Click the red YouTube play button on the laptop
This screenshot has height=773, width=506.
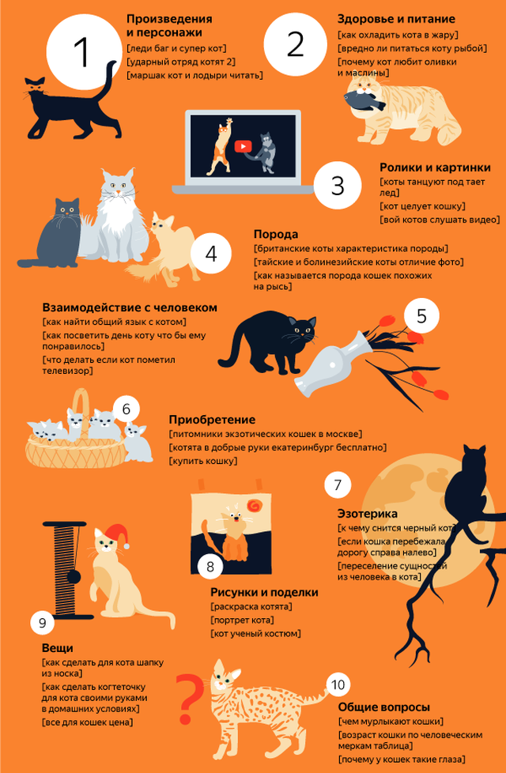pos(242,147)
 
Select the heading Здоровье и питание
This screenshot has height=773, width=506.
pos(396,20)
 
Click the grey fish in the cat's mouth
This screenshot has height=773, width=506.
pos(364,100)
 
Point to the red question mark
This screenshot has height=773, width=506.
pos(190,699)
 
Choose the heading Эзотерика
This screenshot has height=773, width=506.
pos(368,514)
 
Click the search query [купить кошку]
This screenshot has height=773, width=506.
pos(203,462)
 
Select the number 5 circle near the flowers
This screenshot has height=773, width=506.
pos(421,316)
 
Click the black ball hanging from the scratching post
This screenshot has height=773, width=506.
pos(74,576)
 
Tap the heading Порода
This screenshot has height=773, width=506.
pos(276,234)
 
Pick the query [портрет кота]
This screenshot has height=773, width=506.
pos(242,620)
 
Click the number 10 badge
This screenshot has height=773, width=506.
pos(338,684)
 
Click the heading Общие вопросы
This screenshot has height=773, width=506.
pos(383,707)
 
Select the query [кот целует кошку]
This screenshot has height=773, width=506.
pos(423,206)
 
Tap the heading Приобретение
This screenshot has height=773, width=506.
pos(212,420)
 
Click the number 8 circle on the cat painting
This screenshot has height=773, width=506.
pos(210,567)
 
